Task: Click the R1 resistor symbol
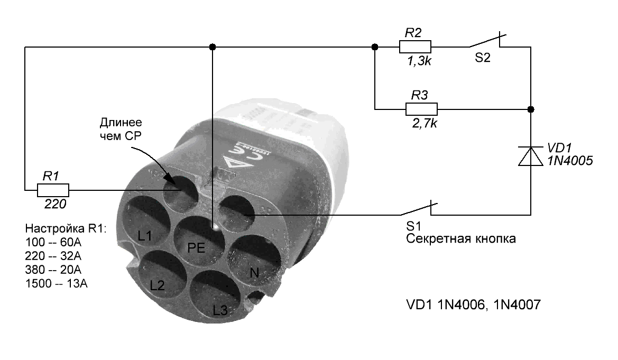coord(53,190)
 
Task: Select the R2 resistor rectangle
coord(415,47)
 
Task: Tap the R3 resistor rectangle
coord(421,109)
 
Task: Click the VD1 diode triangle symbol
coord(530,156)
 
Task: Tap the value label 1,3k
coord(419,61)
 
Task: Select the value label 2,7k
coord(425,123)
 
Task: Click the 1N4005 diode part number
coord(570,161)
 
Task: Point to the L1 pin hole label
coord(145,236)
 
